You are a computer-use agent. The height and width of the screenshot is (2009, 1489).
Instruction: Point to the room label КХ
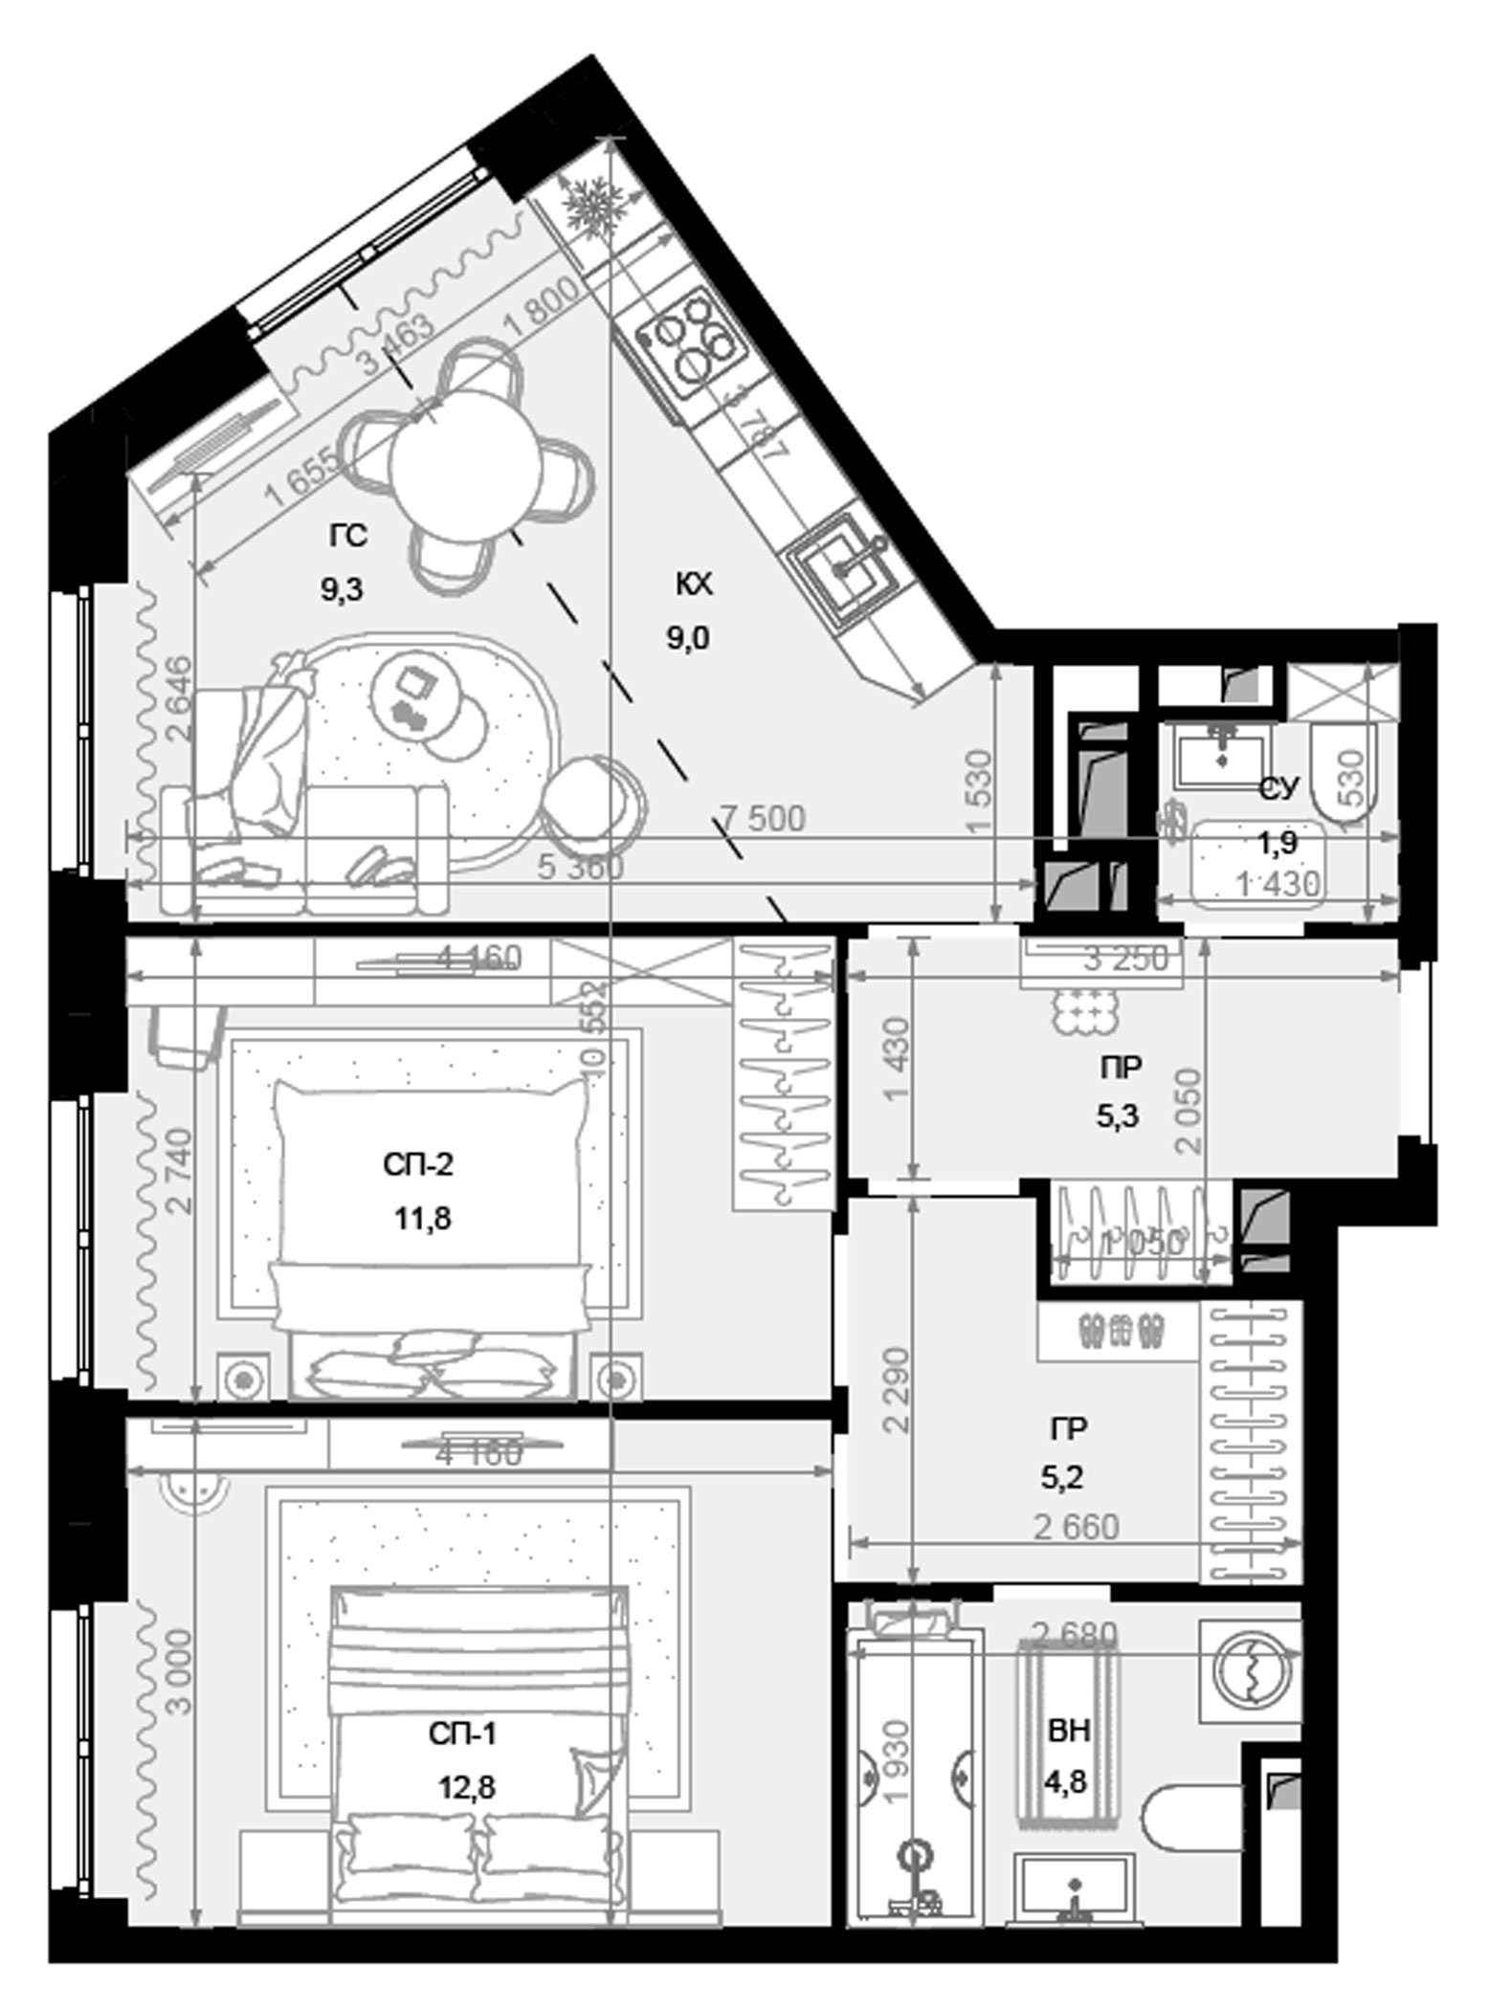(693, 585)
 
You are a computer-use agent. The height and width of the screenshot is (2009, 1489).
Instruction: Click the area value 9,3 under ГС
(343, 589)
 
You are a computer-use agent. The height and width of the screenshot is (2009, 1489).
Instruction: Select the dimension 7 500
(762, 819)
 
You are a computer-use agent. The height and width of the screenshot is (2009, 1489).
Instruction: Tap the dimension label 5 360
(580, 868)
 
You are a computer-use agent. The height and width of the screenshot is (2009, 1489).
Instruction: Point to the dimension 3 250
(1125, 960)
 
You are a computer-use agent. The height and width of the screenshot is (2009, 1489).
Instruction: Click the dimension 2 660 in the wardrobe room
(1076, 1528)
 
